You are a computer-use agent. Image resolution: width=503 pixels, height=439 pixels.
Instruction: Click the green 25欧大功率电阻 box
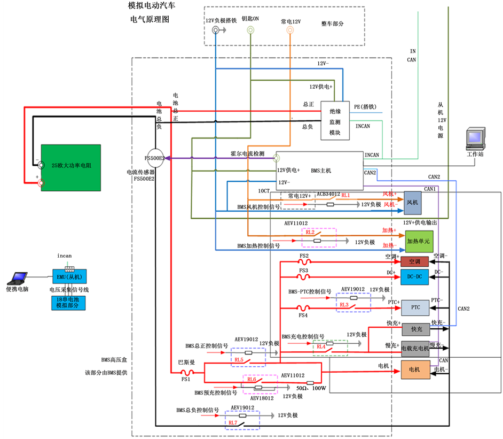pyautogui.click(x=72, y=166)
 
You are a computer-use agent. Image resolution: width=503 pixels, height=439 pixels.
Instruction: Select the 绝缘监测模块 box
pyautogui.click(x=335, y=121)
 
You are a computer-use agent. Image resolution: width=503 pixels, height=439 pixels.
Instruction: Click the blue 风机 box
pyautogui.click(x=413, y=203)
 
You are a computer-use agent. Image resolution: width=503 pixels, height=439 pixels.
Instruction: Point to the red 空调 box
pyautogui.click(x=415, y=261)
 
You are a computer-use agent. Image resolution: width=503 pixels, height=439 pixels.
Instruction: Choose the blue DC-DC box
pyautogui.click(x=415, y=276)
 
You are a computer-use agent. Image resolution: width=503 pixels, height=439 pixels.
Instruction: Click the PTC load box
pyautogui.click(x=415, y=307)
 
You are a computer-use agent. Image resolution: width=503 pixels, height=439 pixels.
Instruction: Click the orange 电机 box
pyautogui.click(x=415, y=369)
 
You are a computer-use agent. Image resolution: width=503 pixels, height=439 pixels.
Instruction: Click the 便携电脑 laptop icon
pyautogui.click(x=17, y=279)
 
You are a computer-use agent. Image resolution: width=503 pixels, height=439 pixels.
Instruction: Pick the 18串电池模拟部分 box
pyautogui.click(x=68, y=303)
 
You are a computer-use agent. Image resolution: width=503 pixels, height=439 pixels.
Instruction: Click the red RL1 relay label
pyautogui.click(x=345, y=195)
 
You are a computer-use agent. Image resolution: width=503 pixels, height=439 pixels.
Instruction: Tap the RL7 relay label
pyautogui.click(x=232, y=423)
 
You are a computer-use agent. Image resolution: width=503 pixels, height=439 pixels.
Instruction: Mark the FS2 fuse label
pyautogui.click(x=304, y=256)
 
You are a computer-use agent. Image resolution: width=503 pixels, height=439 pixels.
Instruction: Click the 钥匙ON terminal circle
pyautogui.click(x=250, y=30)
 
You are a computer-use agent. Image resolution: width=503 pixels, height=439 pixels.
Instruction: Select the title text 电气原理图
pyautogui.click(x=150, y=19)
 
